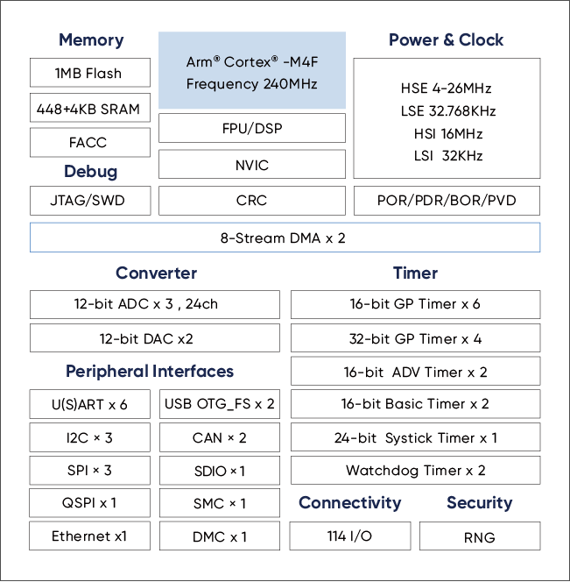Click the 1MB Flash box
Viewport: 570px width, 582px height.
click(88, 73)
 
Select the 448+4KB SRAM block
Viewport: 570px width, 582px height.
click(88, 109)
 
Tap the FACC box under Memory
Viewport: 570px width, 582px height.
click(88, 142)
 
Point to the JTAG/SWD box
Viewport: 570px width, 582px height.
click(88, 201)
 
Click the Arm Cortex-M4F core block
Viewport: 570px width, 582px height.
click(252, 72)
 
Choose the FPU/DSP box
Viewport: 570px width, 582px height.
click(252, 128)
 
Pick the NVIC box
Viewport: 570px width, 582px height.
click(252, 165)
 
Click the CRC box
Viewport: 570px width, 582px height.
click(252, 201)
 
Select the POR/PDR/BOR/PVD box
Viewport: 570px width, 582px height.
click(447, 201)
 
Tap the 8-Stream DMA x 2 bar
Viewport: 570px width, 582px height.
click(285, 238)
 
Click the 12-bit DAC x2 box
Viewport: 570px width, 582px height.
click(155, 338)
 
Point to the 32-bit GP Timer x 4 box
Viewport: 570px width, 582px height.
click(415, 338)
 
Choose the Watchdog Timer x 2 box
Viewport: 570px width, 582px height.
click(415, 471)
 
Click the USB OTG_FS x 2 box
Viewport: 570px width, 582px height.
click(220, 404)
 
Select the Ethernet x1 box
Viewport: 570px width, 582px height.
click(88, 536)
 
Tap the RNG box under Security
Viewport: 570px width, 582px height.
click(479, 537)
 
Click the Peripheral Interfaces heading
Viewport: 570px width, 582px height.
click(150, 372)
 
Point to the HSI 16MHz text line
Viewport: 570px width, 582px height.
click(447, 134)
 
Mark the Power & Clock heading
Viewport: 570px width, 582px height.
click(447, 40)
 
